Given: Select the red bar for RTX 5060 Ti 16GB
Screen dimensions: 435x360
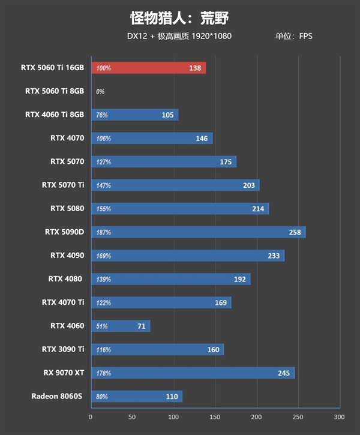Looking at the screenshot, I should [x=148, y=68].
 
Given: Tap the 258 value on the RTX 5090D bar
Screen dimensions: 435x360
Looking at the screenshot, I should [x=295, y=232].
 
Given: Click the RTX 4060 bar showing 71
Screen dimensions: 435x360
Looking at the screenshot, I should [x=120, y=326].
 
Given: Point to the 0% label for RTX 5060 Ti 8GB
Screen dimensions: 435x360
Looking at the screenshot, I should [x=100, y=92].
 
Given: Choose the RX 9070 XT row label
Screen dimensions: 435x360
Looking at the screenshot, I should [x=63, y=373].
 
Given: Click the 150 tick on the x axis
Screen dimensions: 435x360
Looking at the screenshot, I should [x=215, y=417].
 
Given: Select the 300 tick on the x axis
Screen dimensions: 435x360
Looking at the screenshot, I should [x=339, y=417].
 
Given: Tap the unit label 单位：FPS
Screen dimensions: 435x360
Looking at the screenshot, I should [x=293, y=36].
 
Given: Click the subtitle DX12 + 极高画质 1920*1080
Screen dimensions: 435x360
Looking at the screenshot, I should [x=179, y=36].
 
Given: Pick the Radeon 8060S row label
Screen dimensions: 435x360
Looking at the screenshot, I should [x=58, y=396].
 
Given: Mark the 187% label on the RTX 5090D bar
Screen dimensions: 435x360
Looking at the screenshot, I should [x=103, y=232].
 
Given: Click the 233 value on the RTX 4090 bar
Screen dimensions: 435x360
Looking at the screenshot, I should [x=274, y=256].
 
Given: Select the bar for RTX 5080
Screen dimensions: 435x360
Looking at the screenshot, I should [x=180, y=209].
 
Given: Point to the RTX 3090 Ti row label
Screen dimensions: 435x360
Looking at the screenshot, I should [x=63, y=349].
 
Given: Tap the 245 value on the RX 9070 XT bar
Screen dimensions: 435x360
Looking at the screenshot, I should [x=284, y=373].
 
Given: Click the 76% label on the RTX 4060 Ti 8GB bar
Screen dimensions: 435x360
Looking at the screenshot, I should [x=102, y=115].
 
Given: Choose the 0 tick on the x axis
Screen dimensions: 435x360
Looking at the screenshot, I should [x=91, y=417].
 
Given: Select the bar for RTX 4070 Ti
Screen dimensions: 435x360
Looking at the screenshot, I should [x=161, y=302].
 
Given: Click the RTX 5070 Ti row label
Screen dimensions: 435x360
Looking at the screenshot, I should [x=63, y=185].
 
